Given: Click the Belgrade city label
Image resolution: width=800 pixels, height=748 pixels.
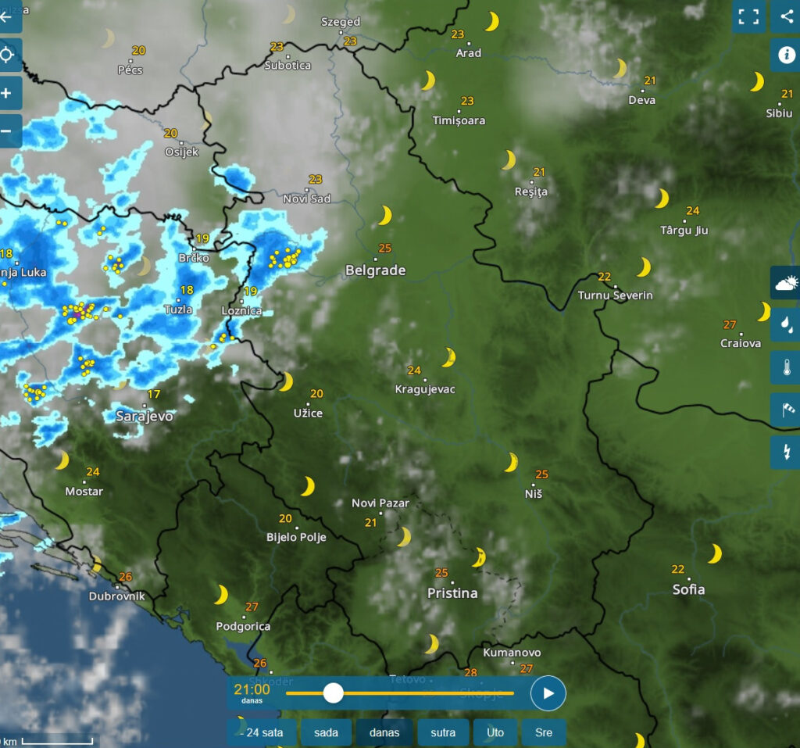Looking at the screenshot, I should pyautogui.click(x=376, y=270).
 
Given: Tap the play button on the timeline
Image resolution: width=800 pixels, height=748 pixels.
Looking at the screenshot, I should pyautogui.click(x=548, y=693).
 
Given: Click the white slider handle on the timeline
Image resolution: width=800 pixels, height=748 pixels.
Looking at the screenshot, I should pyautogui.click(x=334, y=693).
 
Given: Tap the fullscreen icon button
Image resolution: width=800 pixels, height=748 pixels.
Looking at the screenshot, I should pyautogui.click(x=748, y=17).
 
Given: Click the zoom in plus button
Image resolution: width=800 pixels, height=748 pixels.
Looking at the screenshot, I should pyautogui.click(x=7, y=93).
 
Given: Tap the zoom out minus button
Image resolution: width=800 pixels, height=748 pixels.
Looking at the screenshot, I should pyautogui.click(x=7, y=131).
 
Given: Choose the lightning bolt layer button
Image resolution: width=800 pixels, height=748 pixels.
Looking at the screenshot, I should pyautogui.click(x=785, y=452).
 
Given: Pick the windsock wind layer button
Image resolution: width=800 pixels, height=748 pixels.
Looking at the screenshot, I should pyautogui.click(x=785, y=410).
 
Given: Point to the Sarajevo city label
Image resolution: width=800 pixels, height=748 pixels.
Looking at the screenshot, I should pyautogui.click(x=145, y=417).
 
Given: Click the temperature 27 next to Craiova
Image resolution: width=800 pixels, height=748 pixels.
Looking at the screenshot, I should pyautogui.click(x=730, y=325).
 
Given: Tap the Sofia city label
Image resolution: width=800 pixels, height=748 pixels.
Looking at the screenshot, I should pyautogui.click(x=688, y=589).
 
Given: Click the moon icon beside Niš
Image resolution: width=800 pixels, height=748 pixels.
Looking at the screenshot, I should pyautogui.click(x=511, y=463).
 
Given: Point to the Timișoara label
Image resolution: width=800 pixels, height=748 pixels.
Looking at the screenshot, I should pyautogui.click(x=459, y=120).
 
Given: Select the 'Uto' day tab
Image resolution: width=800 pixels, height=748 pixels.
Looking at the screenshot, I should pyautogui.click(x=495, y=732).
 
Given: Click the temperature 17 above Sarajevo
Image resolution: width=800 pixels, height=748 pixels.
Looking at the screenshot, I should pyautogui.click(x=154, y=394).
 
